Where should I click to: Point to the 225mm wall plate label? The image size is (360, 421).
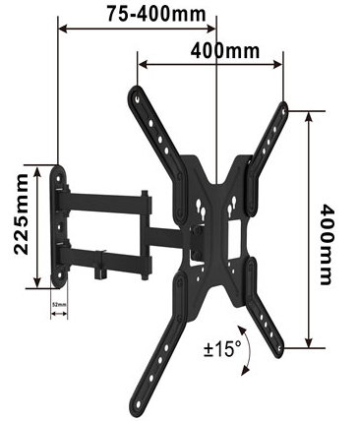click(20, 225)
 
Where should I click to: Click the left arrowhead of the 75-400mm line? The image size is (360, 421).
click(64, 29)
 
